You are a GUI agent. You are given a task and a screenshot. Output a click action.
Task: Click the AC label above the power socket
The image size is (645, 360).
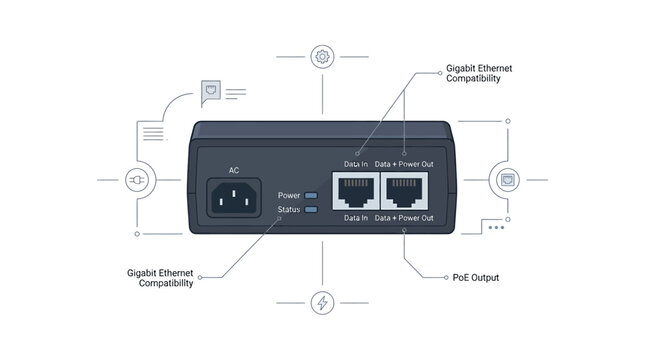point(234,170)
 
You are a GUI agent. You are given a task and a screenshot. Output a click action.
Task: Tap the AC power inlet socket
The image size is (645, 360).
point(234,197)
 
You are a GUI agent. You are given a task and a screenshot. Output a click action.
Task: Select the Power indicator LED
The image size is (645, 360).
point(311,195)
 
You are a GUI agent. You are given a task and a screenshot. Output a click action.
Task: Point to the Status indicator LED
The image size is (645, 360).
point(311,209)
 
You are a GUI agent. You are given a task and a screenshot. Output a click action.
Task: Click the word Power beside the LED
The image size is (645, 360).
point(289,195)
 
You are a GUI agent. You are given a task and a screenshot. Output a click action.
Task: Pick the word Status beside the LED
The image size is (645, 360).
point(289,209)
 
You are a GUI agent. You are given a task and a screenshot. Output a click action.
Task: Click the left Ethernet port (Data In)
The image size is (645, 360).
point(356,191)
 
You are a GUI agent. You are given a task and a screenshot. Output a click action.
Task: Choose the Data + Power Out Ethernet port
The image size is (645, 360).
point(404,191)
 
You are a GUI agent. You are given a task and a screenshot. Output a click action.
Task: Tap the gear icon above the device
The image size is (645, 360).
point(322,57)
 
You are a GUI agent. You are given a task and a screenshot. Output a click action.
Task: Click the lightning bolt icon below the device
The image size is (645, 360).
point(322,303)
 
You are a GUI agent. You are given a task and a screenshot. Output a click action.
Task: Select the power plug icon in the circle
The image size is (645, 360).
point(137,180)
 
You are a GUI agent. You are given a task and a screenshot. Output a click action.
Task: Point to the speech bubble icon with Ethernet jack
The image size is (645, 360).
point(211,93)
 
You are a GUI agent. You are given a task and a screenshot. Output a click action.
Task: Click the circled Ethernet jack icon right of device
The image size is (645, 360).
point(508,180)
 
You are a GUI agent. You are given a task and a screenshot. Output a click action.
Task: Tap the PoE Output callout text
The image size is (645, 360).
point(476,278)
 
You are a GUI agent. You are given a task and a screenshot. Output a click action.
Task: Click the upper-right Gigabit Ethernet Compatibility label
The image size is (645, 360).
point(479,73)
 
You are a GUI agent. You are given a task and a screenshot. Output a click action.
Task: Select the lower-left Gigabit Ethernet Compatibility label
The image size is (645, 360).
point(160,278)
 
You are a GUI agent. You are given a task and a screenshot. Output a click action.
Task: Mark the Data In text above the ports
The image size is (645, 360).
point(356,164)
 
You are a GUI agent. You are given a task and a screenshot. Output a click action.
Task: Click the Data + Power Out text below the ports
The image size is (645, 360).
point(404,218)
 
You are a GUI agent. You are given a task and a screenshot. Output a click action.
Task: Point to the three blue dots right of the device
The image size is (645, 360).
point(496,228)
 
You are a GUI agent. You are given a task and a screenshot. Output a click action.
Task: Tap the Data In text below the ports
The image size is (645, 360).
point(356,218)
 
